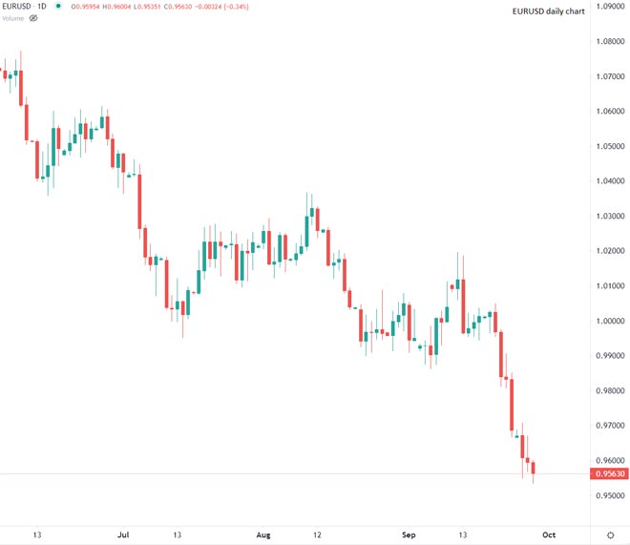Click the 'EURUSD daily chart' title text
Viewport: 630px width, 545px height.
pyautogui.click(x=548, y=11)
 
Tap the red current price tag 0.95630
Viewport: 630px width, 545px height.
pyautogui.click(x=610, y=473)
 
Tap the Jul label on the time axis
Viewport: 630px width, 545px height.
pyautogui.click(x=123, y=535)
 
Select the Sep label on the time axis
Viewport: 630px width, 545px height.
pyautogui.click(x=409, y=535)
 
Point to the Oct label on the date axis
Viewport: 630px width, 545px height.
pyautogui.click(x=548, y=535)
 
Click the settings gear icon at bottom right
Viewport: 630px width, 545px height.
pyautogui.click(x=610, y=535)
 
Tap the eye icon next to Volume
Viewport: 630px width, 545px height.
pyautogui.click(x=33, y=18)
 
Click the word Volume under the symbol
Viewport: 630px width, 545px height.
pyautogui.click(x=13, y=18)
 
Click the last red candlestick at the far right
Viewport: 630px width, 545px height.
pyautogui.click(x=534, y=467)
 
